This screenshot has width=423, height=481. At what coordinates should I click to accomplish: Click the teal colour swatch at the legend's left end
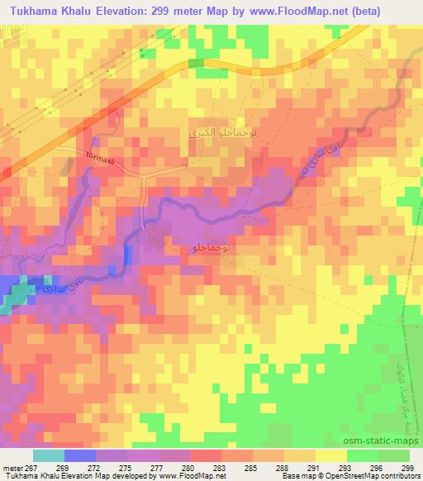coord(48,455)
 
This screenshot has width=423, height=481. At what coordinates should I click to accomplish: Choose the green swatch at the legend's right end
coord(393,455)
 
